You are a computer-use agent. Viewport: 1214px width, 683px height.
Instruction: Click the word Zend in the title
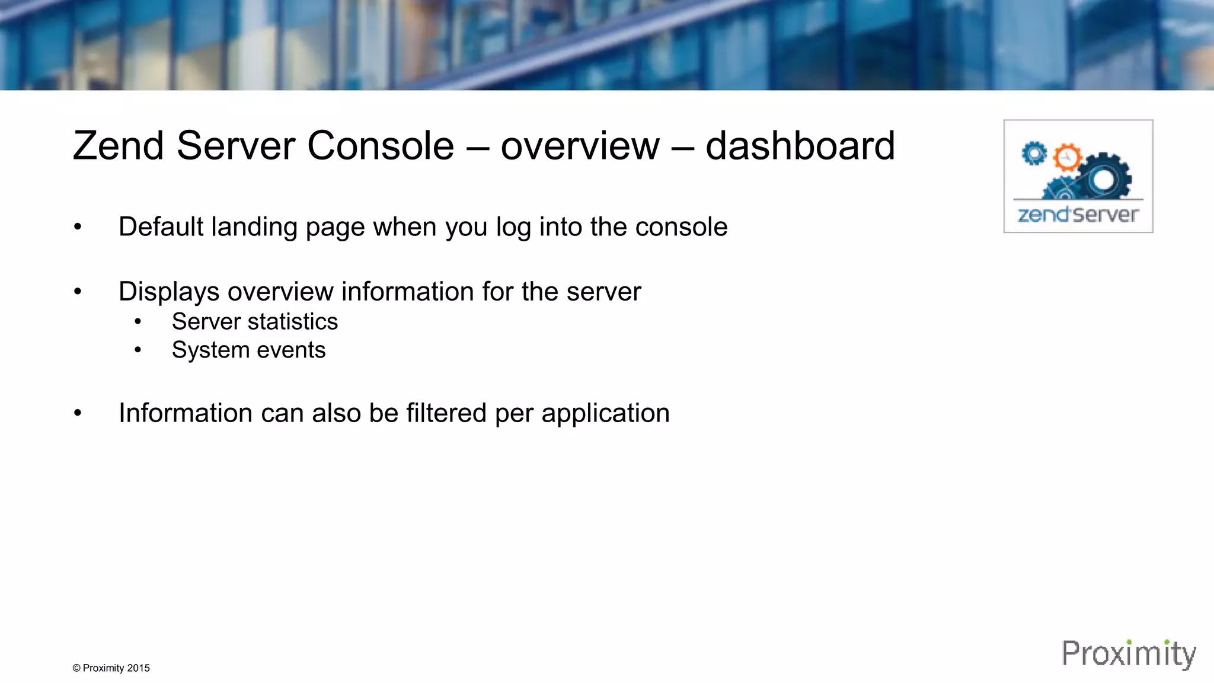click(x=118, y=146)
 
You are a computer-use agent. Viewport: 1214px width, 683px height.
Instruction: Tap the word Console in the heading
click(x=381, y=146)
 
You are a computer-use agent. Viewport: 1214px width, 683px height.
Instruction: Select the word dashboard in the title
click(x=800, y=146)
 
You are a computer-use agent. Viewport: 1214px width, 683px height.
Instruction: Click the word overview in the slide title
click(x=580, y=146)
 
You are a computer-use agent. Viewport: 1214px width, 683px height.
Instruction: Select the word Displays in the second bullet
click(x=169, y=292)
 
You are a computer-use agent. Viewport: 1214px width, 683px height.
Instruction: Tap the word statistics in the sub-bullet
click(x=292, y=322)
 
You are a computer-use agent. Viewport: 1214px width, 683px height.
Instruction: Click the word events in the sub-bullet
click(x=291, y=350)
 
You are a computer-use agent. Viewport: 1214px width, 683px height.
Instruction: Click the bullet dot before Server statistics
click(x=138, y=322)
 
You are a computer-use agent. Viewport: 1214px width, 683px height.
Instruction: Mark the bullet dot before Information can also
click(x=78, y=413)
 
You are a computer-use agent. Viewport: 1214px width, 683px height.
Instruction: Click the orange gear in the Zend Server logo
click(x=1067, y=158)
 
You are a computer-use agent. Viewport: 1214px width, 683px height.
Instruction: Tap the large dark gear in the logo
click(x=1104, y=178)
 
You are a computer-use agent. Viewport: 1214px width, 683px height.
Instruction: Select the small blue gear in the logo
click(x=1034, y=154)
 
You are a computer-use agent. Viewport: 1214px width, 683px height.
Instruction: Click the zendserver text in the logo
click(x=1078, y=214)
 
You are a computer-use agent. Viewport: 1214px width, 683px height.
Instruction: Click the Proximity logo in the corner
click(x=1129, y=654)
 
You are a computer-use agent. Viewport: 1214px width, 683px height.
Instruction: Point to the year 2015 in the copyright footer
click(x=138, y=668)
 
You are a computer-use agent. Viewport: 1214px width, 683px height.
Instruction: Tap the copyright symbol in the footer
click(x=76, y=668)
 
